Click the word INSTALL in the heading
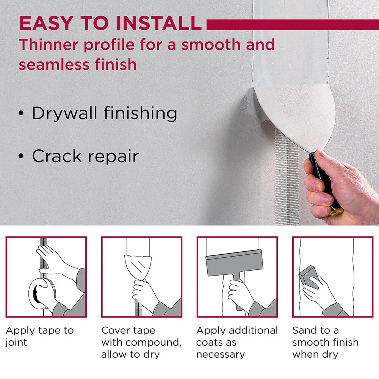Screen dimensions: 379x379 coord(158,23)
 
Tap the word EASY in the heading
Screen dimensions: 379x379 coord(46,23)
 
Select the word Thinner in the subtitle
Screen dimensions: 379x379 coord(49,45)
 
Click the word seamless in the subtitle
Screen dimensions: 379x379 coord(54,64)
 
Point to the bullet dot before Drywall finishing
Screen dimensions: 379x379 coord(21,113)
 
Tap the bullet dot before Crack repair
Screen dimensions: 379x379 coord(21,156)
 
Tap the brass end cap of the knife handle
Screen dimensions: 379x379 coord(337,211)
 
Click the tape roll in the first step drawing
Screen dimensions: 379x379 coord(41,294)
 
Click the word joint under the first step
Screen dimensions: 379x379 coord(16,343)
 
